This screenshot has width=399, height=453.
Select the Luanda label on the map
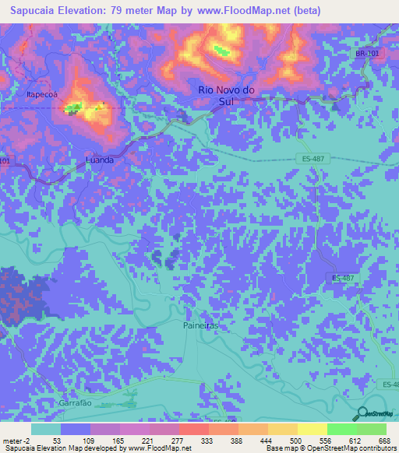tap(99, 160)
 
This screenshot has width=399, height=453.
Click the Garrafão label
tap(76, 404)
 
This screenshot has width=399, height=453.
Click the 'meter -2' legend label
tap(16, 440)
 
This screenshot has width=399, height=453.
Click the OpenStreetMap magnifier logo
tap(362, 413)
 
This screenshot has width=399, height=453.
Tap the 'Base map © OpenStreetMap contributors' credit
tap(329, 448)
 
